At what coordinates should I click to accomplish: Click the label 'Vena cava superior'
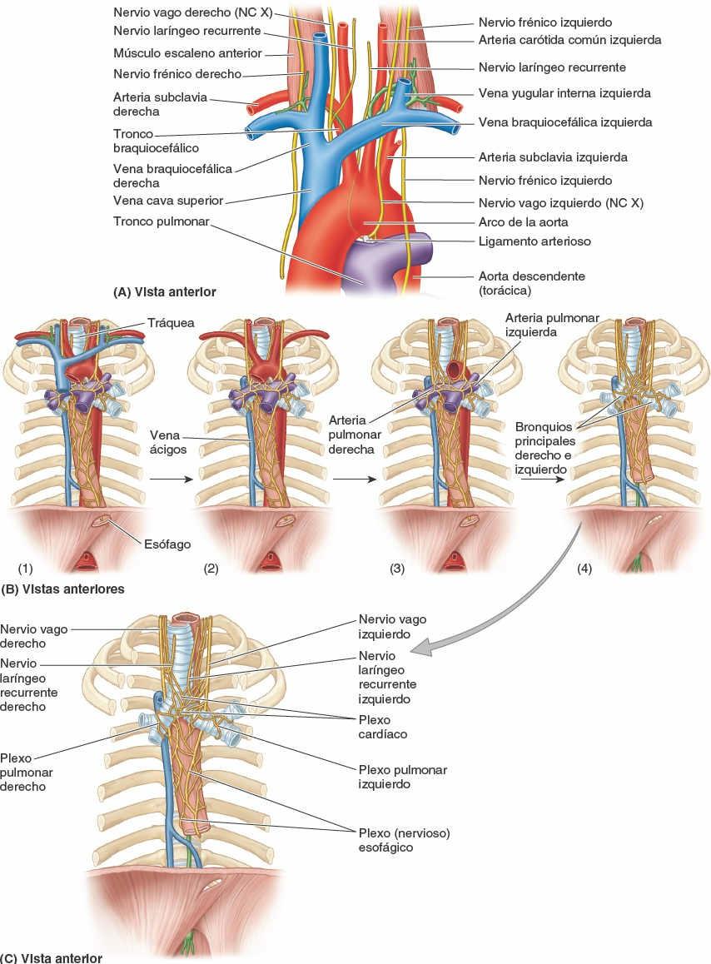pos(169,200)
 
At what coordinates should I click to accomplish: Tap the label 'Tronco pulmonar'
pos(162,221)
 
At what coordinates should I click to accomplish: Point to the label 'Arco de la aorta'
pos(523,223)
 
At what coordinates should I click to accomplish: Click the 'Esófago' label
pos(168,544)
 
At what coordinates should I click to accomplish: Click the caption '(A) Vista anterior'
pos(165,292)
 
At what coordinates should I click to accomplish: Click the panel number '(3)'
pos(397,569)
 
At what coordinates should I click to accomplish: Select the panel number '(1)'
pos(25,569)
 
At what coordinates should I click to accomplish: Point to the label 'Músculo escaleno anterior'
pos(187,53)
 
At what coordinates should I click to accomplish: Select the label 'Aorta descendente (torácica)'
pos(531,283)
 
